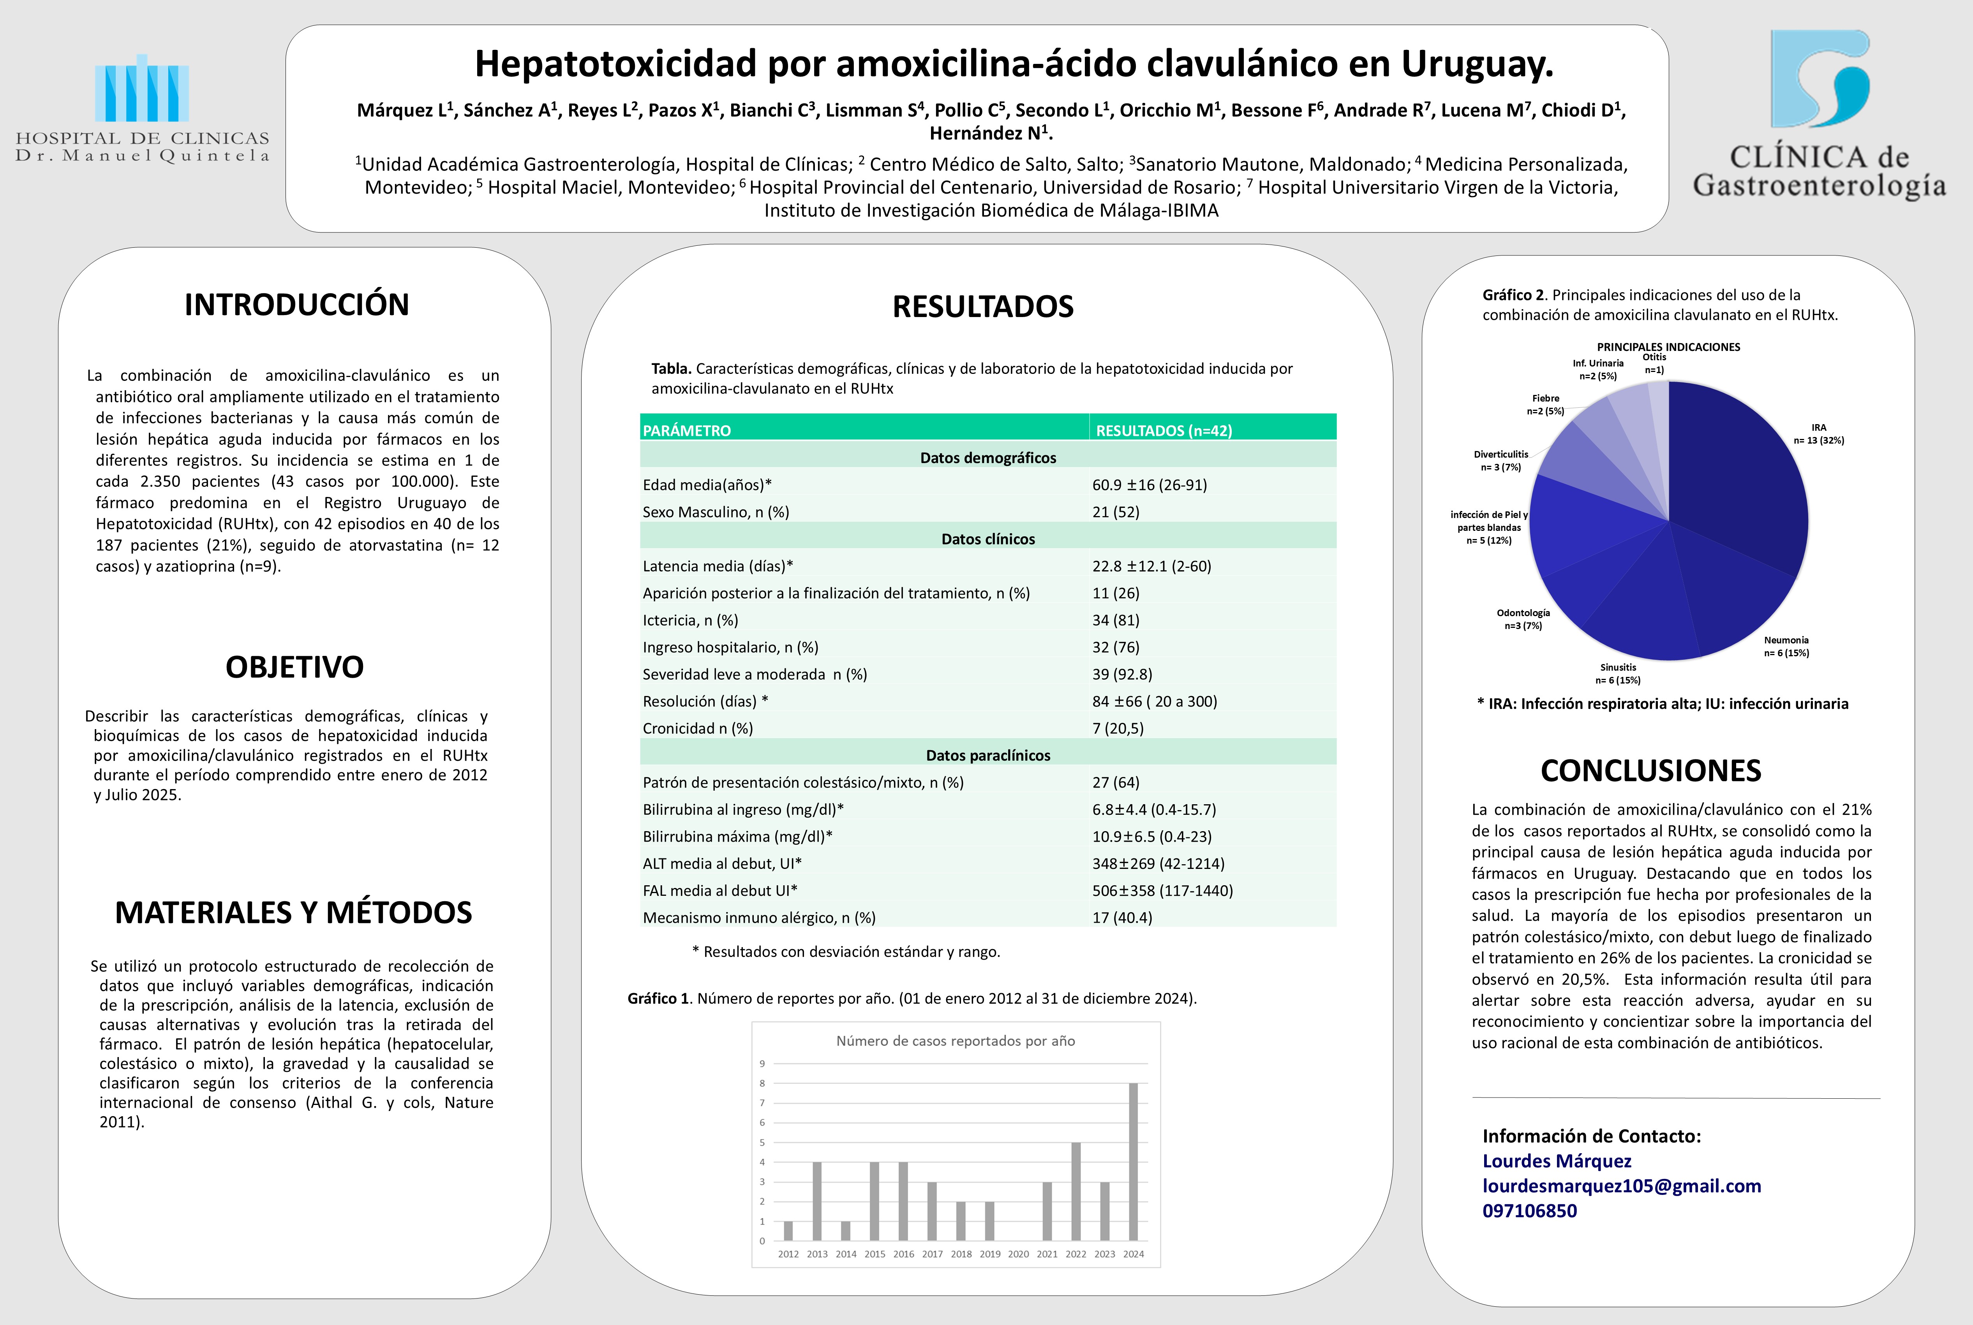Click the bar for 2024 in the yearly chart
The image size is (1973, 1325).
click(1133, 1162)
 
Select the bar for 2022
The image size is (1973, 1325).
click(1076, 1191)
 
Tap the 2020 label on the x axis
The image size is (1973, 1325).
click(1018, 1254)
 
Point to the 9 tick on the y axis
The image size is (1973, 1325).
click(762, 1064)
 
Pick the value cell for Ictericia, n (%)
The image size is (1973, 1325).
click(1115, 620)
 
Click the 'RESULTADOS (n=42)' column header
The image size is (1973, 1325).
click(1164, 430)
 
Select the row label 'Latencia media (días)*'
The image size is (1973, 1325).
click(718, 566)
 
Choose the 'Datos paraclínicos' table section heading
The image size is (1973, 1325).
click(988, 756)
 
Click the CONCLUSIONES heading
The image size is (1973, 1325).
click(1650, 771)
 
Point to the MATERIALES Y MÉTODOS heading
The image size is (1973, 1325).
click(293, 913)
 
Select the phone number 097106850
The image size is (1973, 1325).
click(1529, 1211)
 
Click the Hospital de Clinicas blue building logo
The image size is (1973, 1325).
click(142, 89)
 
